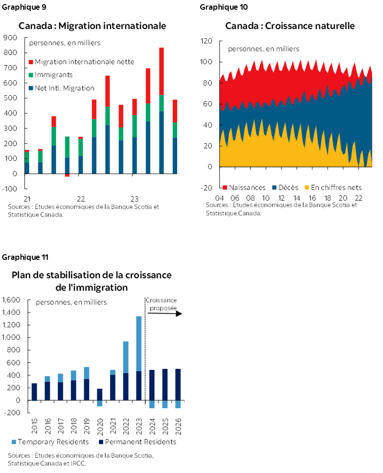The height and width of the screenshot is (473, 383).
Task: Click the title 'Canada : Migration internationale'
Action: [92, 26]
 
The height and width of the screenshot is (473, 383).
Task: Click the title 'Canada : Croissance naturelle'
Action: [290, 26]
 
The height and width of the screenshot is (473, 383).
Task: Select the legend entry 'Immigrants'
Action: [53, 74]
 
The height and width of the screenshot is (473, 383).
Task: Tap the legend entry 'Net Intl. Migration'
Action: [64, 88]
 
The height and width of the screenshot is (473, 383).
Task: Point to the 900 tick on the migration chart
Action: [10, 37]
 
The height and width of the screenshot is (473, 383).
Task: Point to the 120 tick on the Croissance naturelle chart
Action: [206, 41]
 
